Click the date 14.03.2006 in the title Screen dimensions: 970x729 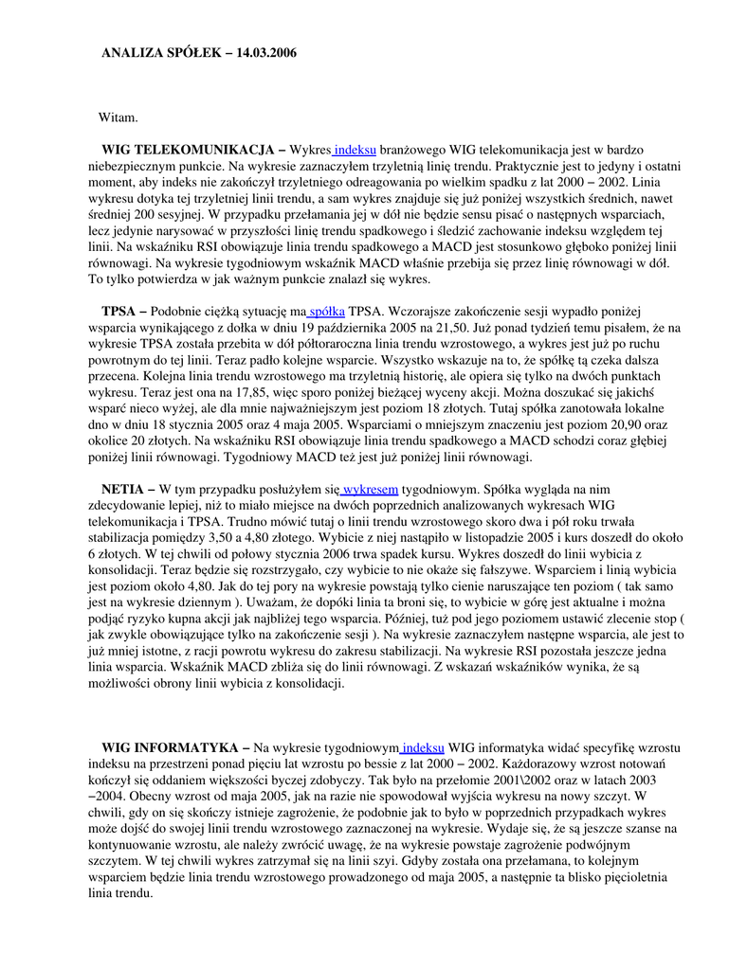[261, 53]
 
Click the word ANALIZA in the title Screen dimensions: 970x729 [132, 53]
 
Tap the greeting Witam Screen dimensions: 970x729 [118, 117]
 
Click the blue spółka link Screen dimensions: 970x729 [327, 312]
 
